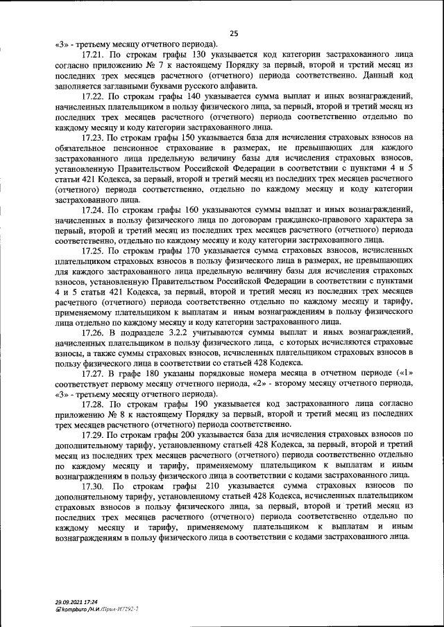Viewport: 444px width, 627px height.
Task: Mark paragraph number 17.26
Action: point(93,333)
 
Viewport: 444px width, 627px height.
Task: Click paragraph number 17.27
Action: point(93,373)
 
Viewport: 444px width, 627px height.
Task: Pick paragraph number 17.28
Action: point(93,403)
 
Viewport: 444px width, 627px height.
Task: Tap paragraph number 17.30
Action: point(94,487)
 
